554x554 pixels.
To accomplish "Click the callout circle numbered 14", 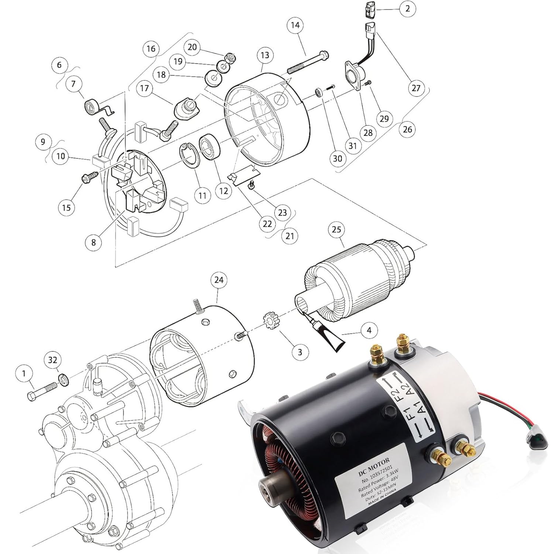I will point(295,25).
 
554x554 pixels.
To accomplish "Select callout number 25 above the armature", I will point(336,229).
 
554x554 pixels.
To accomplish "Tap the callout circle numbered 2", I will point(407,8).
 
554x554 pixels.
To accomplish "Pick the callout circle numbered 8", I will point(93,242).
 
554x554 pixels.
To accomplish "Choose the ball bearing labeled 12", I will point(209,147).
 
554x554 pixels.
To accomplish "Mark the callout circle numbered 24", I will point(219,280).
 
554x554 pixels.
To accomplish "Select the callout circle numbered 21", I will point(289,235).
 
